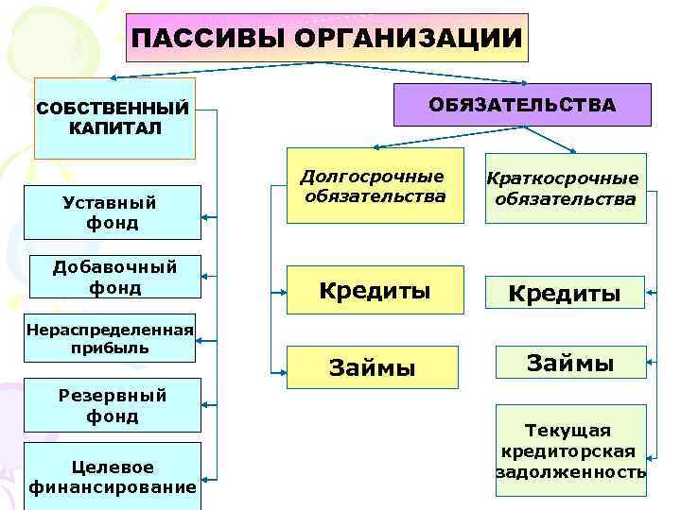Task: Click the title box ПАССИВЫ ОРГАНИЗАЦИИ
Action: point(326,38)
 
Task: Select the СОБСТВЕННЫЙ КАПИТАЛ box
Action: point(113,118)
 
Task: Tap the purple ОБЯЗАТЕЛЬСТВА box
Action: point(521,105)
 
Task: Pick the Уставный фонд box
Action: point(113,212)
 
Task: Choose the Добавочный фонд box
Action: point(113,278)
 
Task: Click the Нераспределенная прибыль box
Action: point(110,338)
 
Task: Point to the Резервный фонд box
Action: point(113,406)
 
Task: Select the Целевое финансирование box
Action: point(113,477)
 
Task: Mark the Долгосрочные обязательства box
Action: point(375,186)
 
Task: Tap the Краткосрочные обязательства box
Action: point(565,189)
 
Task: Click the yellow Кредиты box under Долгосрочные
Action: point(375,290)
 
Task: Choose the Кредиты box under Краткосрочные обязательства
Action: point(565,293)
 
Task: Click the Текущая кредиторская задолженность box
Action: point(570,451)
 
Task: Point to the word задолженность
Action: point(570,471)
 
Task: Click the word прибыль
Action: point(110,348)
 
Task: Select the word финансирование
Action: point(113,487)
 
